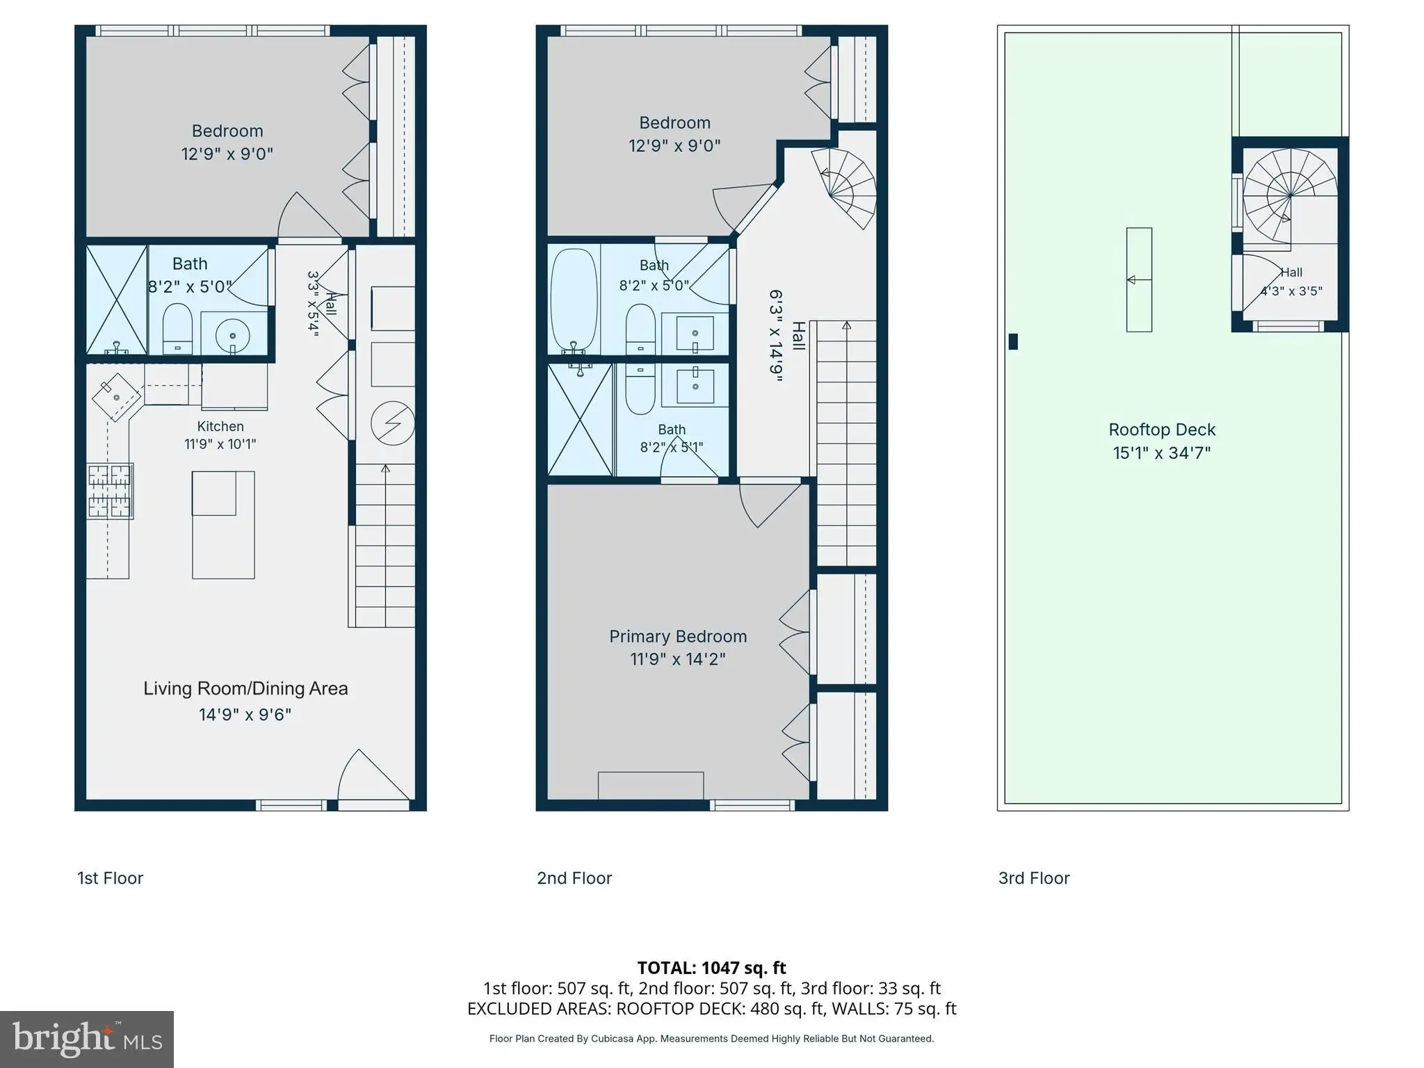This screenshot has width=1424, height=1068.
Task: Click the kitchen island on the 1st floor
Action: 223,525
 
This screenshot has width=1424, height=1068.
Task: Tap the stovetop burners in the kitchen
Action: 110,492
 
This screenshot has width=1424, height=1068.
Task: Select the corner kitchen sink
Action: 116,397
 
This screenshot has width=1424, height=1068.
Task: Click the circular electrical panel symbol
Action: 393,423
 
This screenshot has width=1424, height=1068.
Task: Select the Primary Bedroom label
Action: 678,636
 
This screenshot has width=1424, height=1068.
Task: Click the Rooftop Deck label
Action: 1162,430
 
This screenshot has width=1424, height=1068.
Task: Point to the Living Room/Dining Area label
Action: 245,688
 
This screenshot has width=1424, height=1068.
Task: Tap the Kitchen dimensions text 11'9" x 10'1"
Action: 220,444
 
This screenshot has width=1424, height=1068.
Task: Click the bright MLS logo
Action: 87,1039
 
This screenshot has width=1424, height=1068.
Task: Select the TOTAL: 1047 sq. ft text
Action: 711,968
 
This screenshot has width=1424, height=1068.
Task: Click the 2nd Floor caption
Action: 574,878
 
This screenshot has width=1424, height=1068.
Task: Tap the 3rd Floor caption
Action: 1034,878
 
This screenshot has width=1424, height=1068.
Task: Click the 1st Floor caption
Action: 110,878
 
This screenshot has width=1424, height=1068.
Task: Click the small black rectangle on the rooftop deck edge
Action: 1013,341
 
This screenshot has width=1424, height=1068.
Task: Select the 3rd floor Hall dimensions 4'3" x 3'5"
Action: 1291,291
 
